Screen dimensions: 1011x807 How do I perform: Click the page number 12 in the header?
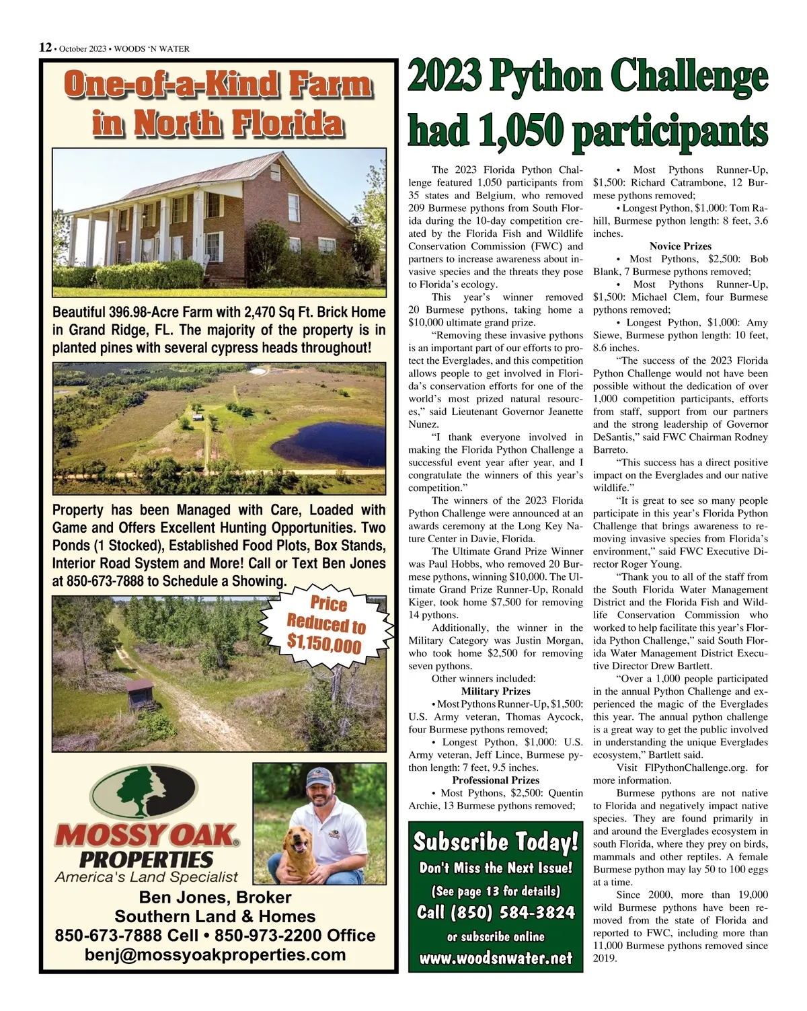45,47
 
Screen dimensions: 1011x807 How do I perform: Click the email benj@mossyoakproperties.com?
215,954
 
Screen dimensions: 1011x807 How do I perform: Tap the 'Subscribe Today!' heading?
495,841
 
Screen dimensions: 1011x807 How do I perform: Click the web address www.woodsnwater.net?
496,958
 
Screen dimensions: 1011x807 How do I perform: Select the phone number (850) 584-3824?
496,913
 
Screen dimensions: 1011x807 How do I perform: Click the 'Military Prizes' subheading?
496,691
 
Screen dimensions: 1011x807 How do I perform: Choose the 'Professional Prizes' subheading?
496,780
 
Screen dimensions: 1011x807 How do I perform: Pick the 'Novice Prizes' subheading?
680,246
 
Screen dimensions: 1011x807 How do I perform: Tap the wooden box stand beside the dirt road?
141,694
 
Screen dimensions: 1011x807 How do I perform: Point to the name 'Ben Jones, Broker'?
215,897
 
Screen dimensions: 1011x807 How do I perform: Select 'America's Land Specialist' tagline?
147,876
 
